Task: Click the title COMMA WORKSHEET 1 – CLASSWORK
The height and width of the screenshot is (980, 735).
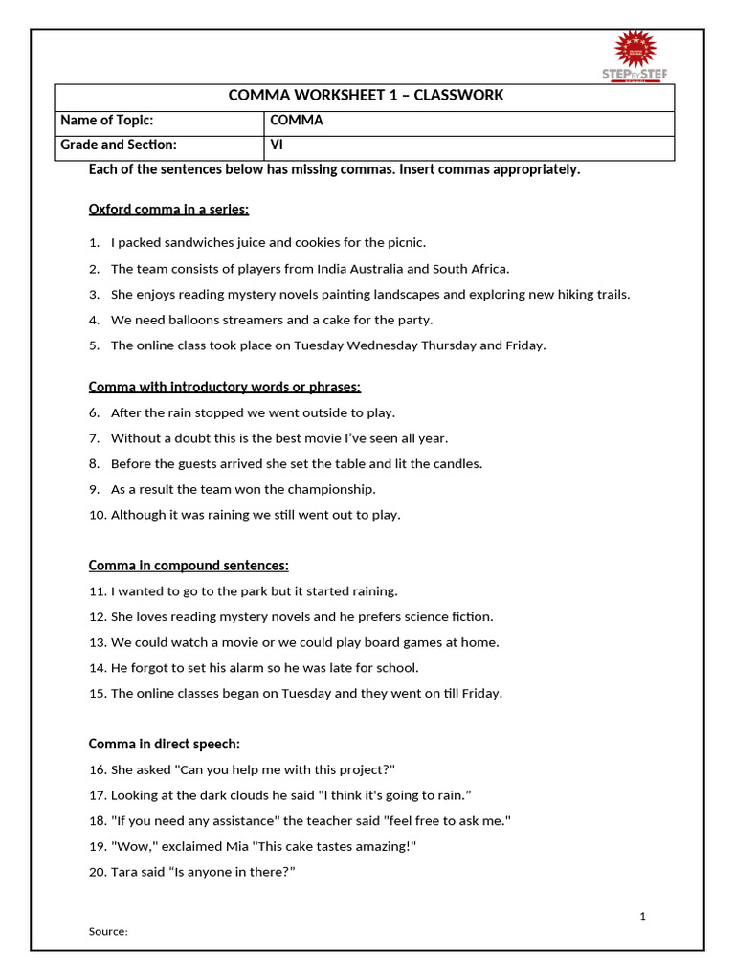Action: pyautogui.click(x=366, y=96)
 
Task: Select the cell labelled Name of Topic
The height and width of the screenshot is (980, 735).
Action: pyautogui.click(x=107, y=121)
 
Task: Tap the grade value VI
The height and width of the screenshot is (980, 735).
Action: pyautogui.click(x=277, y=145)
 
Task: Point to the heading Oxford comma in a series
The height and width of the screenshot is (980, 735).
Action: pyautogui.click(x=168, y=209)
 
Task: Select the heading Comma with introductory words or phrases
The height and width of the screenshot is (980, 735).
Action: pyautogui.click(x=225, y=387)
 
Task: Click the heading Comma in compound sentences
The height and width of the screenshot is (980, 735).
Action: pyautogui.click(x=189, y=566)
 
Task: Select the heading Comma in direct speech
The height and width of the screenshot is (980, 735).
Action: pyautogui.click(x=165, y=744)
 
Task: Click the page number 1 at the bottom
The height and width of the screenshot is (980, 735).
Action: pyautogui.click(x=643, y=917)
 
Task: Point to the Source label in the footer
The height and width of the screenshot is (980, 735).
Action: pyautogui.click(x=108, y=931)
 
